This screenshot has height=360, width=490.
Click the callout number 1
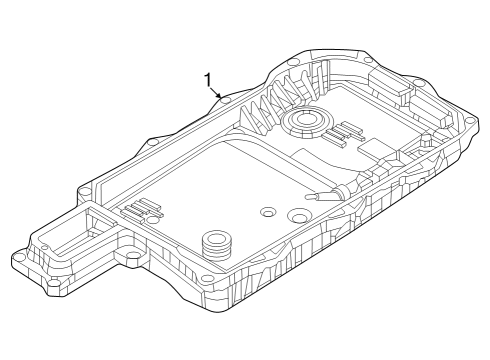208,79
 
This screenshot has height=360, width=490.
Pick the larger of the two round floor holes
297,218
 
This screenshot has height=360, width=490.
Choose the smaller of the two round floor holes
267,212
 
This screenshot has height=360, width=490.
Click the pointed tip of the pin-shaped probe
308,197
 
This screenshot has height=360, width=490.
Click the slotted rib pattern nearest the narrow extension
143,209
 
